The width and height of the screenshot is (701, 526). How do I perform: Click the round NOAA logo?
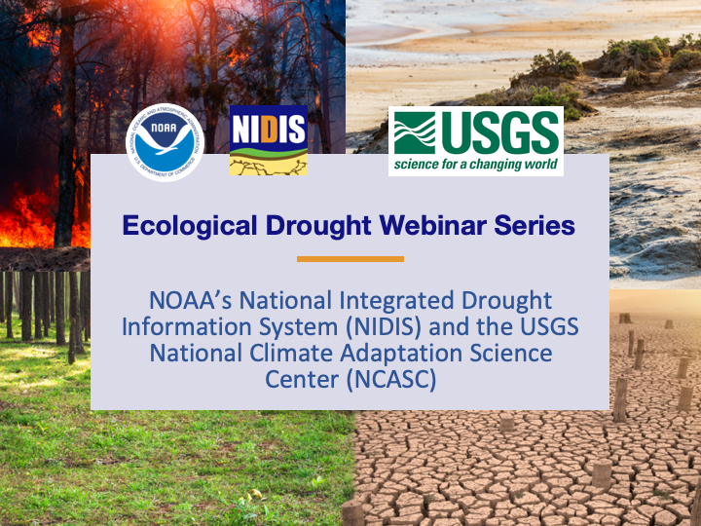(x=166, y=142)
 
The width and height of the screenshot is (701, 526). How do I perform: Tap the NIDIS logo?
(x=268, y=140)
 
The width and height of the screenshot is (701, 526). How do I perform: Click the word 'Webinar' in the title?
(x=432, y=226)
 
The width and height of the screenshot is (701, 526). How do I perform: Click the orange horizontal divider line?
(x=350, y=259)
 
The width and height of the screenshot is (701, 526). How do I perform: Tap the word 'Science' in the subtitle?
(x=516, y=353)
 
